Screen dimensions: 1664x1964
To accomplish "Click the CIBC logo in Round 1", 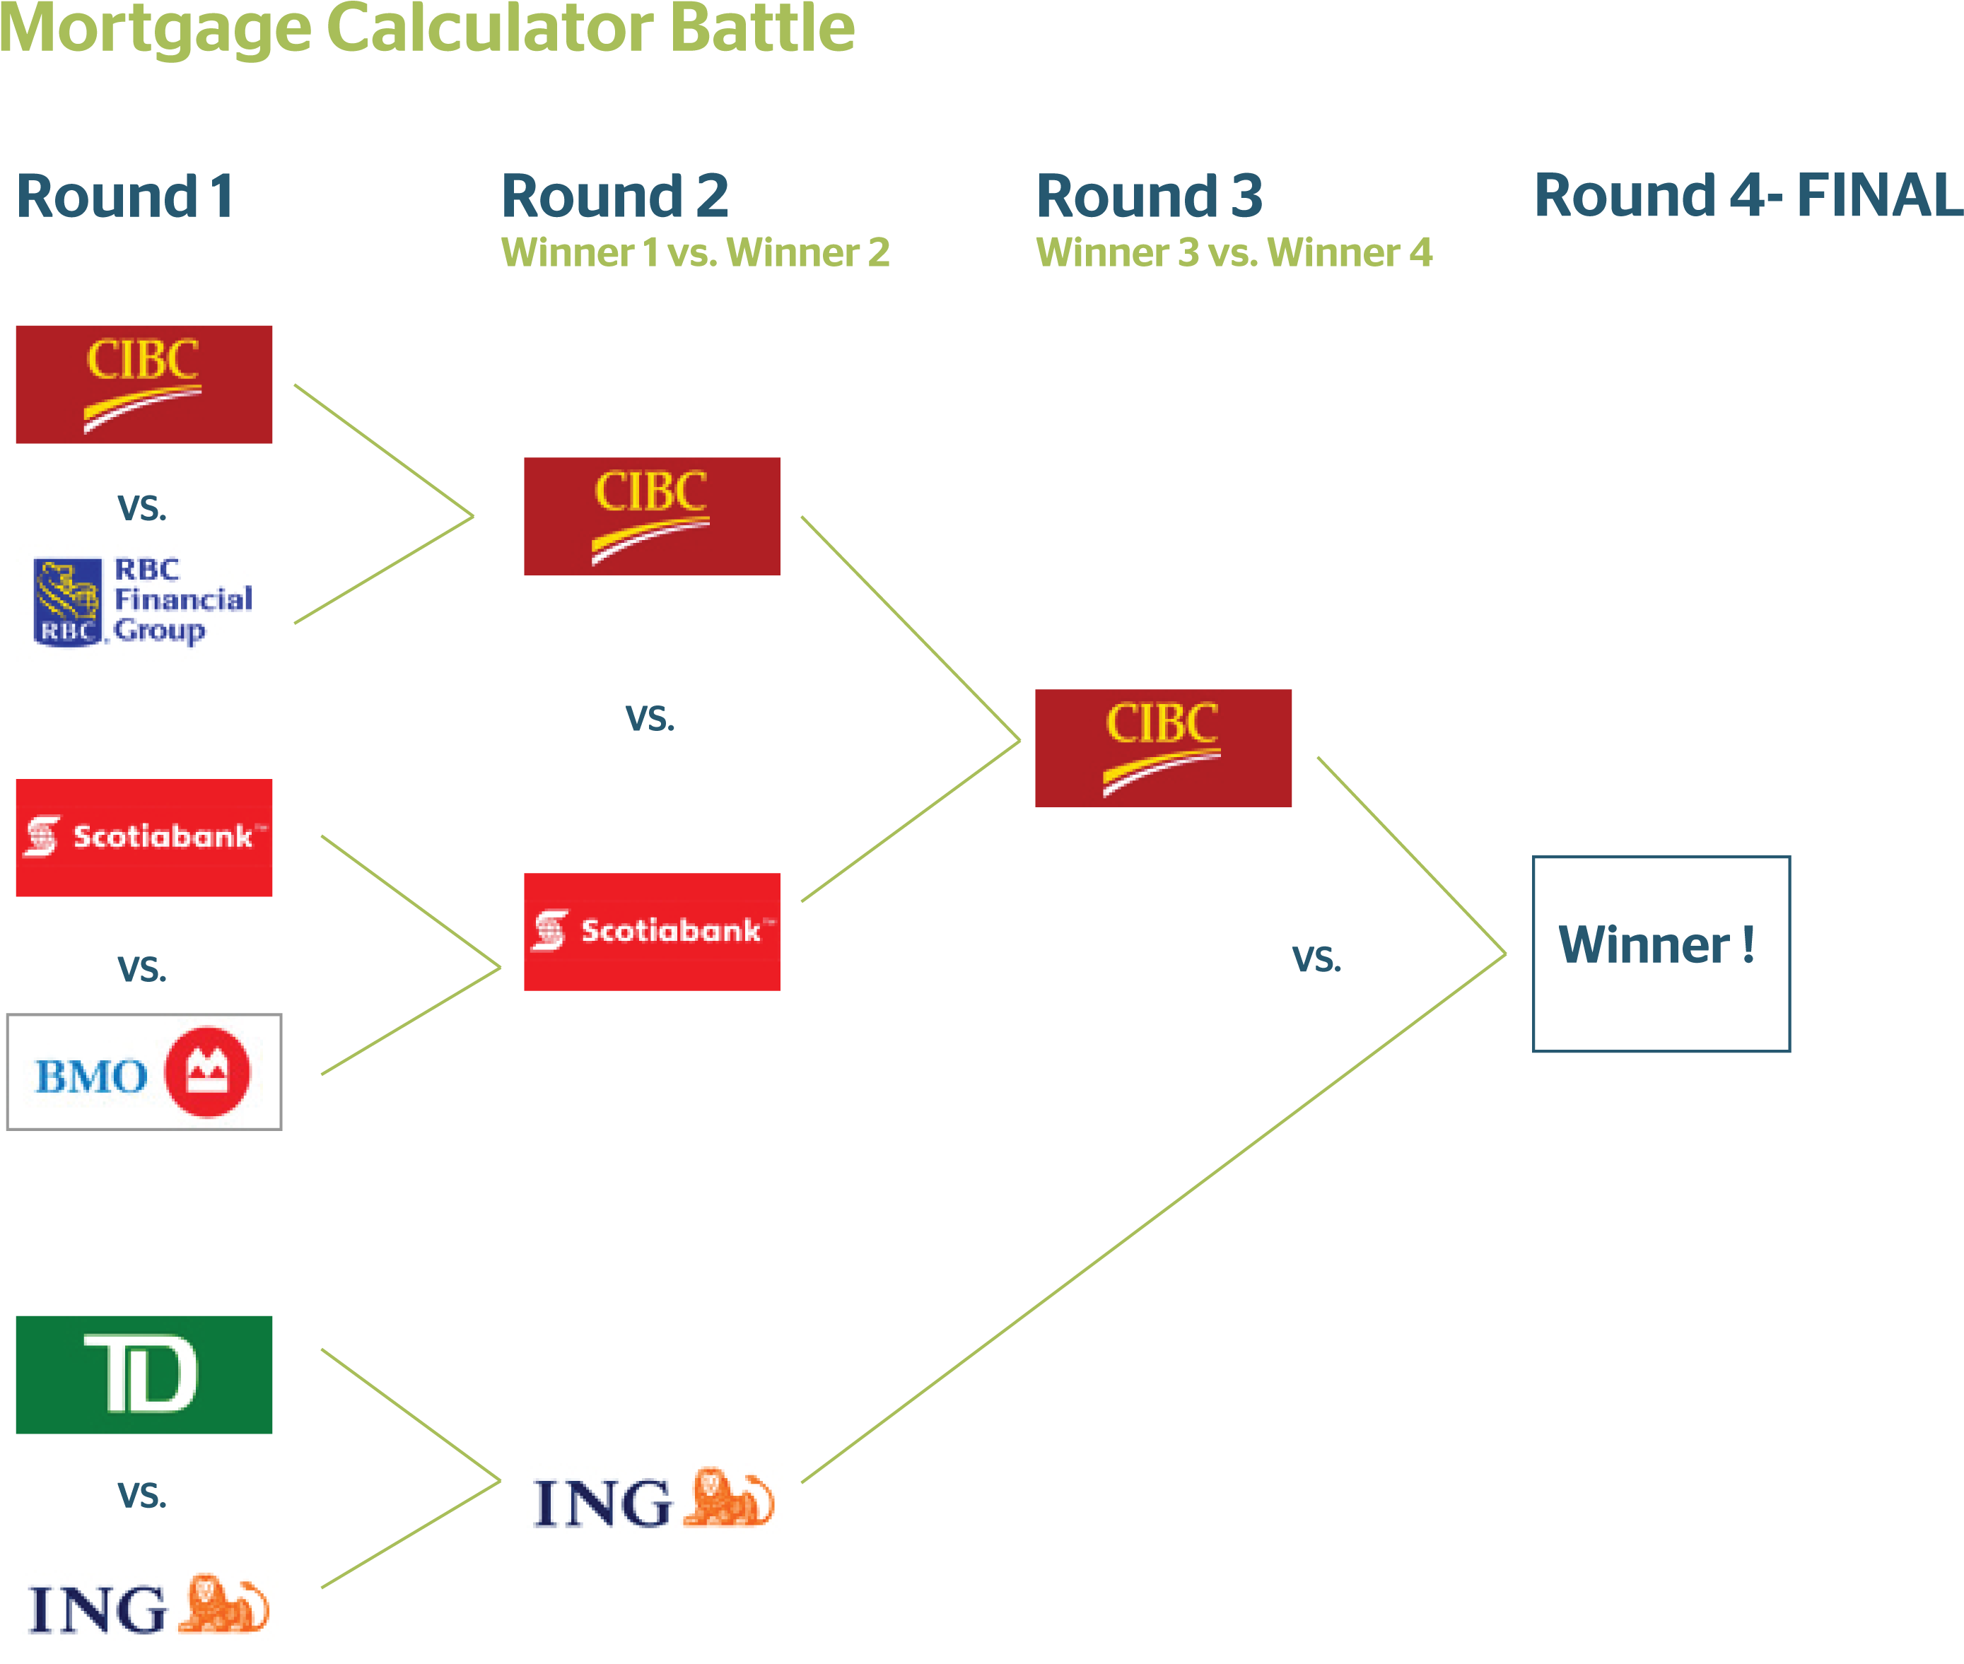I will tap(144, 384).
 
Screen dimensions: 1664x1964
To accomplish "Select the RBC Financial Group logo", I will tap(144, 603).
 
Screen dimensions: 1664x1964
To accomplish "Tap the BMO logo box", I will tap(144, 1072).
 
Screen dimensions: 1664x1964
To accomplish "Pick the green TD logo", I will tap(144, 1374).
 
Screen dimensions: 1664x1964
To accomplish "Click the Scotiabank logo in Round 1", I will tap(144, 838).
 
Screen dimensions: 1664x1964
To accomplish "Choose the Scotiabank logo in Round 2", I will tap(652, 932).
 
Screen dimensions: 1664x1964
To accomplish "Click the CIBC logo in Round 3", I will tap(1163, 748).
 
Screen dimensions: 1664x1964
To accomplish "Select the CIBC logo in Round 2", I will tap(652, 516).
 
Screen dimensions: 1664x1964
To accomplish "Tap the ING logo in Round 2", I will tap(655, 1498).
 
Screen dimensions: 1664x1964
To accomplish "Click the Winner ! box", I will tap(1661, 954).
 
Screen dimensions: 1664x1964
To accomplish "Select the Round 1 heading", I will tap(124, 197).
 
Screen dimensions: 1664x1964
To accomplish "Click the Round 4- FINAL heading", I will tap(1748, 197).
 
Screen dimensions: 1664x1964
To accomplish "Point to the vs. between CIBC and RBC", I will tap(141, 508).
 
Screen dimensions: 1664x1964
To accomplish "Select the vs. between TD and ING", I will tap(141, 1495).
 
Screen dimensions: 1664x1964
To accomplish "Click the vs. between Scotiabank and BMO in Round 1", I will tap(141, 968).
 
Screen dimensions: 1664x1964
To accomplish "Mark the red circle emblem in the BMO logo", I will tap(208, 1072).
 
